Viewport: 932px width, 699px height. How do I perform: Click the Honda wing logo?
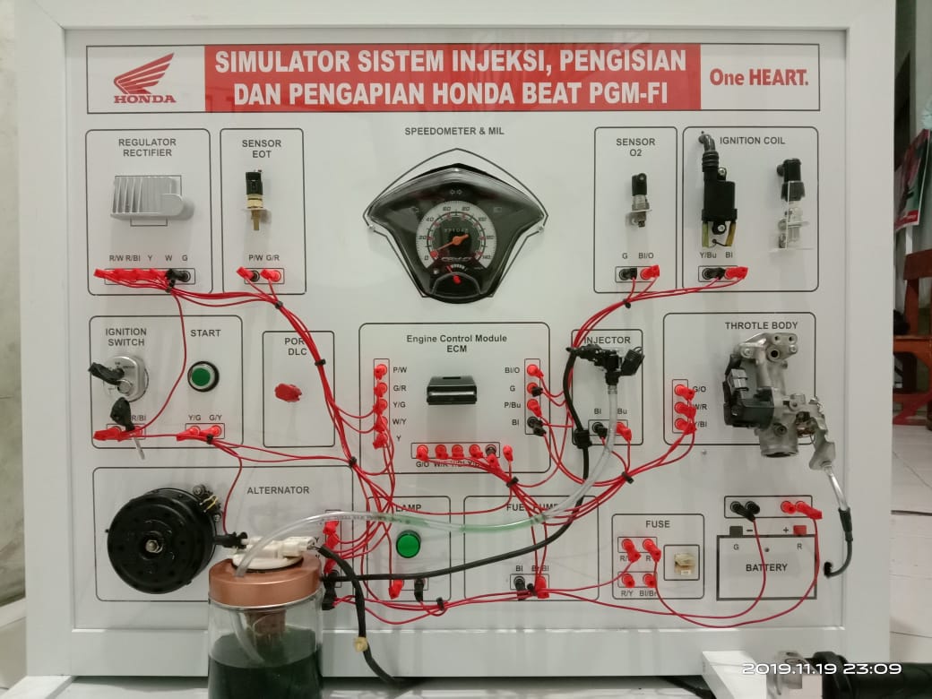(144, 76)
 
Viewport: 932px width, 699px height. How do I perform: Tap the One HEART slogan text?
(758, 78)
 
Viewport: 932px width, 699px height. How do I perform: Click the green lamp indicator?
(408, 544)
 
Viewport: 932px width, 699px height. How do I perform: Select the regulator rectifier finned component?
(151, 197)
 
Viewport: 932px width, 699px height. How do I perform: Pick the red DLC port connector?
(288, 392)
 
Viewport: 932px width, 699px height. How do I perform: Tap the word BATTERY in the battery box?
(766, 567)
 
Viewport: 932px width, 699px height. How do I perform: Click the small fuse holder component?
(686, 561)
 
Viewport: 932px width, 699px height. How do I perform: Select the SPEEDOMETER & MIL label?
(453, 131)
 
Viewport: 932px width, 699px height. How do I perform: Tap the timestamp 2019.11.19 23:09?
(821, 669)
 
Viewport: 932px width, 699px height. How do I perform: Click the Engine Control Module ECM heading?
(456, 344)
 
